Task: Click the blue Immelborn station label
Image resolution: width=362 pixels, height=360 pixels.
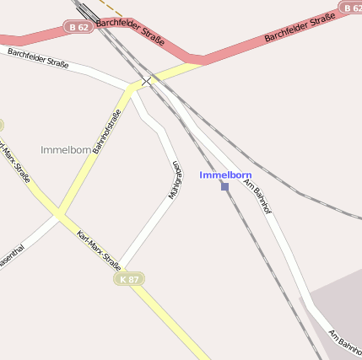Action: (225, 175)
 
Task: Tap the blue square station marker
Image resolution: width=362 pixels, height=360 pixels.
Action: (224, 186)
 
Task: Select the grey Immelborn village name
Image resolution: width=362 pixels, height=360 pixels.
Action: (66, 150)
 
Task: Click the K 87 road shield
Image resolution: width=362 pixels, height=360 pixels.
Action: (129, 278)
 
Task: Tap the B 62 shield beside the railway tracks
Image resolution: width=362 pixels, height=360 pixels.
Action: (78, 28)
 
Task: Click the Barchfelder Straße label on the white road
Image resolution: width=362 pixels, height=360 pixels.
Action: (38, 57)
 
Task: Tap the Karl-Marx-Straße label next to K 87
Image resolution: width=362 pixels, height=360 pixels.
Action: (99, 250)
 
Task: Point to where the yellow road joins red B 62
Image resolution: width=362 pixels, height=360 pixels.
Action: (199, 61)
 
